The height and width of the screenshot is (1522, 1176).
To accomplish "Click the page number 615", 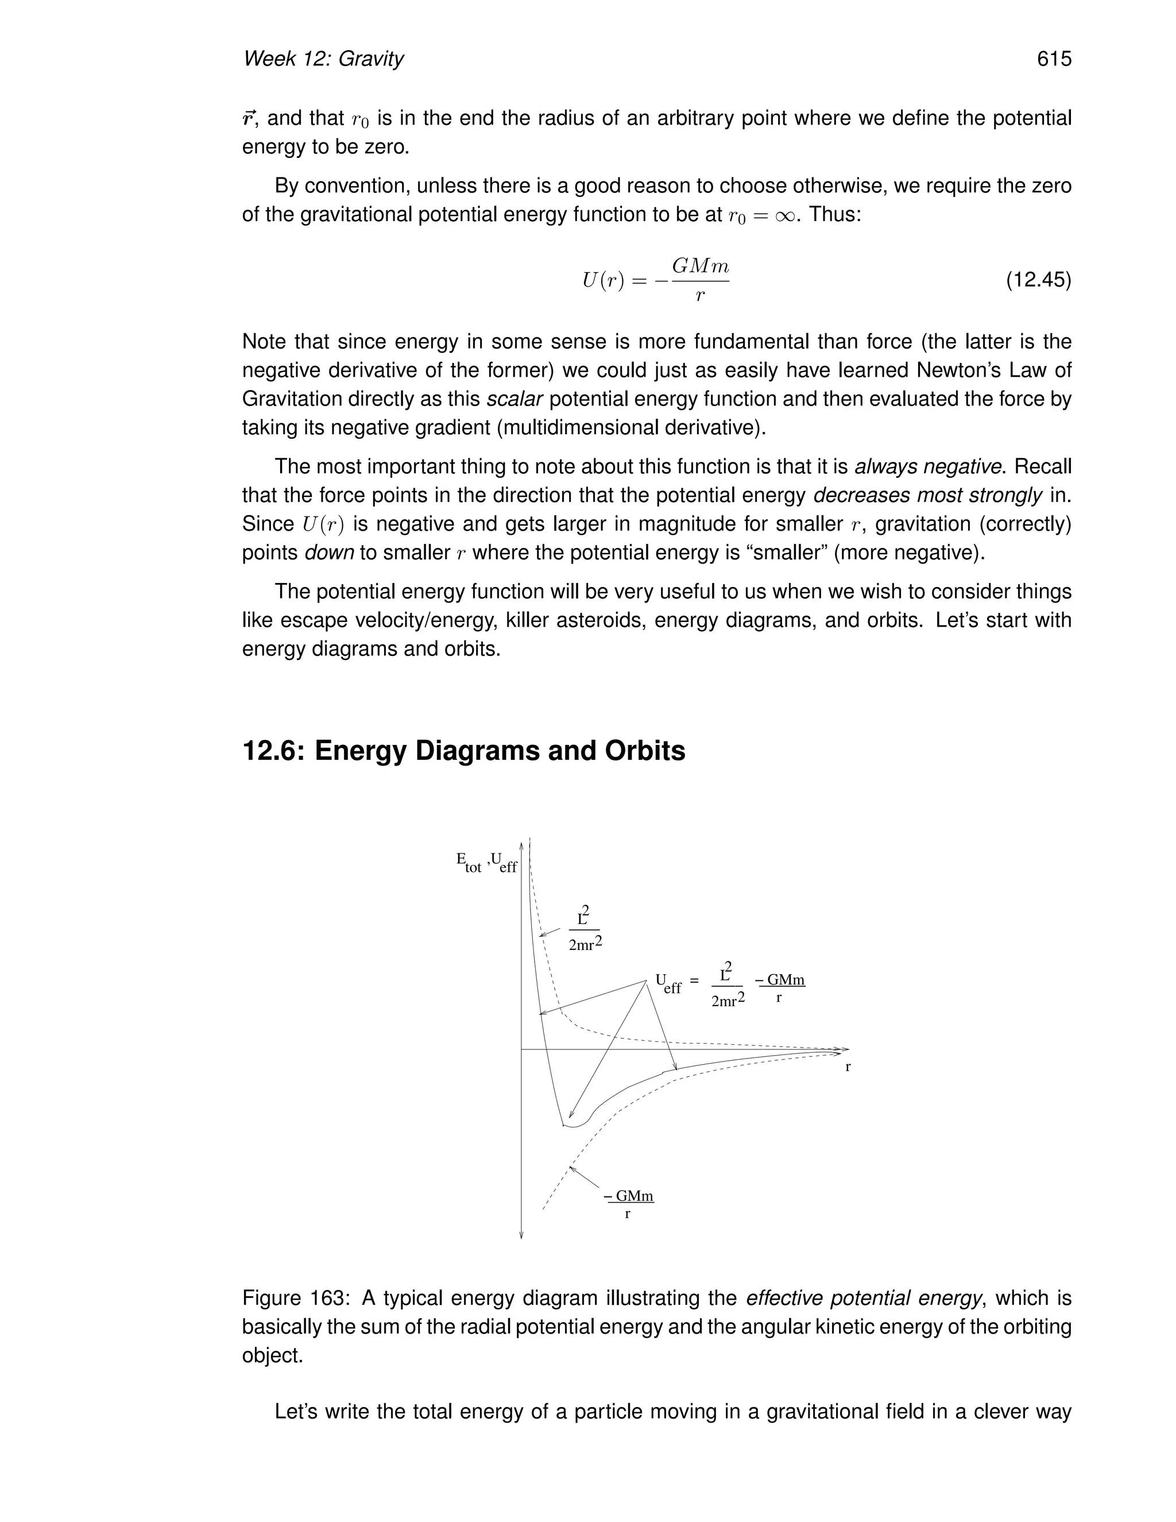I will coord(1053,59).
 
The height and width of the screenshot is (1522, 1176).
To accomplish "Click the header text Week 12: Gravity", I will coord(323,59).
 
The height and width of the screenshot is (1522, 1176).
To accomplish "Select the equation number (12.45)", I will coord(1038,280).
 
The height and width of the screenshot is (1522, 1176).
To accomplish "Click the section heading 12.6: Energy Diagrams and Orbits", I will coord(463,751).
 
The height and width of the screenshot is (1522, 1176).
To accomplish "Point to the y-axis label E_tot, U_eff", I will coord(486,863).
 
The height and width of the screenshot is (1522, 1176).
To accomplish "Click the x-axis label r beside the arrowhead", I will coord(848,1067).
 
